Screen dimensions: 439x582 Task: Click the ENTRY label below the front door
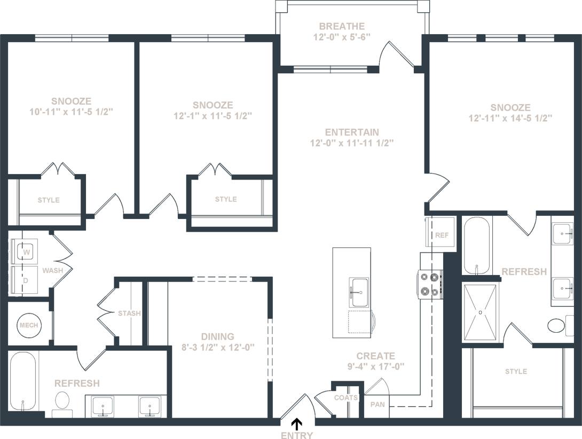pos(296,435)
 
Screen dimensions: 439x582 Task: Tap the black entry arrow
pos(297,425)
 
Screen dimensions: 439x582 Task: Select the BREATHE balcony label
pos(342,26)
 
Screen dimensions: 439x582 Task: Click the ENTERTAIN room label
pos(352,132)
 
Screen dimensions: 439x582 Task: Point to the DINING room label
pos(217,336)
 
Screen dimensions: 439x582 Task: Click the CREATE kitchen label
pos(376,356)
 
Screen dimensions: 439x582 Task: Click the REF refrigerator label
pos(442,234)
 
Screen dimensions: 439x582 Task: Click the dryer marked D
pos(23,280)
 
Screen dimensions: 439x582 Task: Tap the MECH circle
pos(28,325)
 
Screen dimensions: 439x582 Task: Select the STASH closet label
pos(129,313)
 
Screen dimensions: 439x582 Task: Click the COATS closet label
pos(346,397)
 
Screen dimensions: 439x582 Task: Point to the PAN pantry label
pos(377,405)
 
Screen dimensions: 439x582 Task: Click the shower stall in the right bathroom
pos(480,312)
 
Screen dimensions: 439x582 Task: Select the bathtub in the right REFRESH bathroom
pos(476,245)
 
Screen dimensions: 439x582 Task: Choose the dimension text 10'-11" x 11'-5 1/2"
pos(72,112)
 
